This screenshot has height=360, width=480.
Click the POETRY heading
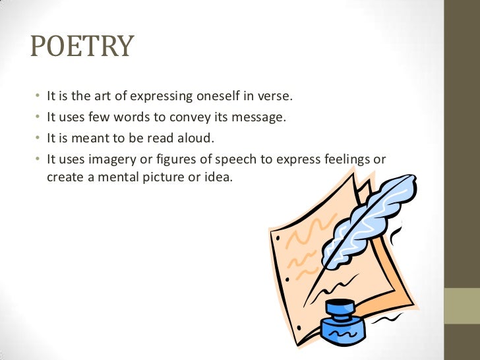[x=82, y=47]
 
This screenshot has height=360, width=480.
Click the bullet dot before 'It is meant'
[x=38, y=138]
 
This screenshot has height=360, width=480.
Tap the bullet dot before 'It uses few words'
[x=38, y=117]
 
